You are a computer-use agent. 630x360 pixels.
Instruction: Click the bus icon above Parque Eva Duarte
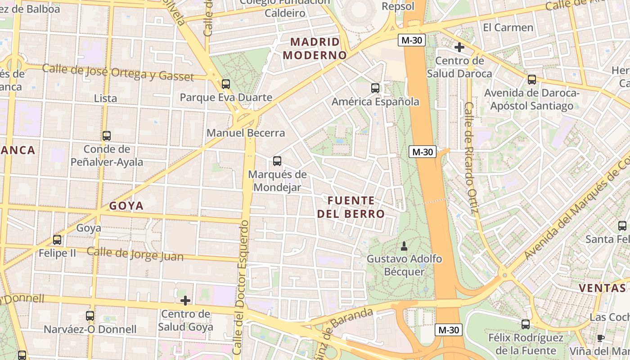coord(226,84)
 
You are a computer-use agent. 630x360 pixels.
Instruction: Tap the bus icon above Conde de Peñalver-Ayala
coord(107,135)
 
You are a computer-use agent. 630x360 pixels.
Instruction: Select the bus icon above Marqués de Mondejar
coord(277,161)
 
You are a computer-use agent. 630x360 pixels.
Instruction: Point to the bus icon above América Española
coord(375,88)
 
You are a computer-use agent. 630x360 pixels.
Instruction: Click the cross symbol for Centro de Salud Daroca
coord(459,47)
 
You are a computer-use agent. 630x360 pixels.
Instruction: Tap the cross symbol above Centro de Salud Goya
coord(185,300)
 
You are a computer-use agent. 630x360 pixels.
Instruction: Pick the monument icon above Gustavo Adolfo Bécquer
coord(404,246)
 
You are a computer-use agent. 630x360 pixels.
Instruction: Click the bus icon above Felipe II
coord(57,239)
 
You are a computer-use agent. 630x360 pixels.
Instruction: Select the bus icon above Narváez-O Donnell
coord(90,316)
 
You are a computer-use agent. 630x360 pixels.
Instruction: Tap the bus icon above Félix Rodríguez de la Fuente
coord(526,324)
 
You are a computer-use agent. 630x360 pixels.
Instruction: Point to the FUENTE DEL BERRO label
coord(351,207)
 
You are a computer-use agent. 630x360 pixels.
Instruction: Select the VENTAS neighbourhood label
coord(602,288)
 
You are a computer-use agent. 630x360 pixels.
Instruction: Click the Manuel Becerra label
coord(246,133)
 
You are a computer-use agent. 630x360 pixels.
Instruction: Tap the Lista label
coord(105,98)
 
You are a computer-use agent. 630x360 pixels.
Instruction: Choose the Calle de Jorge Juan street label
coord(135,254)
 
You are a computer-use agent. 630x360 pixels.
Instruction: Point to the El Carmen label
coord(508,27)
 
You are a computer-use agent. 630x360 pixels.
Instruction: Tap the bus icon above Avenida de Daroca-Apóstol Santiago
coord(532,80)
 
